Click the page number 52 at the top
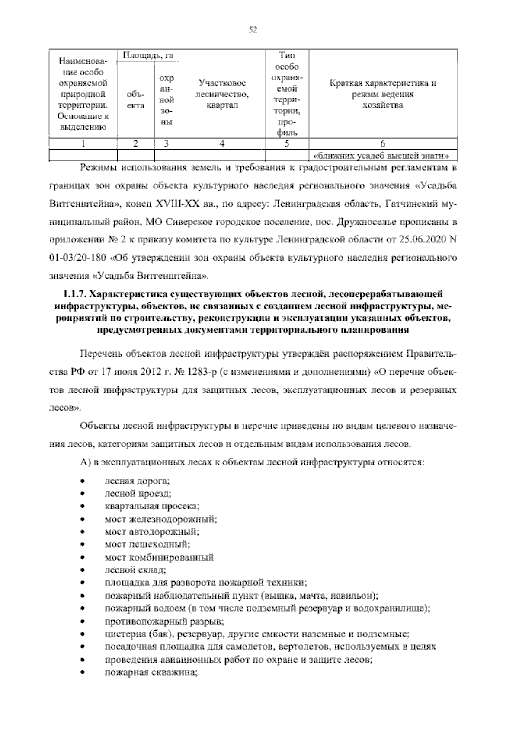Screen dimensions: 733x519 253,29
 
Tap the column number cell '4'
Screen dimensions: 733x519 222,144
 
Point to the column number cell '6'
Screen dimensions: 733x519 383,144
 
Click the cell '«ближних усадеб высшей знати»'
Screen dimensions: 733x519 383,155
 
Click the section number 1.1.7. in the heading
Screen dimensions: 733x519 76,295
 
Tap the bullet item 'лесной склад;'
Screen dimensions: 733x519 129,570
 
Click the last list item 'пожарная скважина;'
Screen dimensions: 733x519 151,673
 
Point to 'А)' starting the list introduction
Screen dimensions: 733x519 85,462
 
